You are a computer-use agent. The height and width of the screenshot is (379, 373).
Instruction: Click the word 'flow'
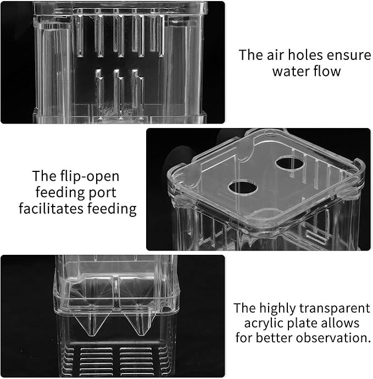tap(327, 71)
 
